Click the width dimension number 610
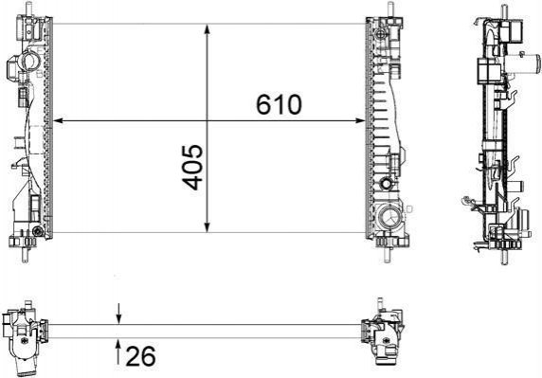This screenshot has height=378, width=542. click(279, 104)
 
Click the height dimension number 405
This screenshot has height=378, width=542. click(192, 168)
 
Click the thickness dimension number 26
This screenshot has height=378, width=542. click(141, 356)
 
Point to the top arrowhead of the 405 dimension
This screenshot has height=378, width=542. click(208, 29)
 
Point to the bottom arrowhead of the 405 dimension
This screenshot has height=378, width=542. click(208, 227)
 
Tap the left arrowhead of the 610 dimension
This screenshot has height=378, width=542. click(59, 120)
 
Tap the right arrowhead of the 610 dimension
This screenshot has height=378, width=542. click(360, 120)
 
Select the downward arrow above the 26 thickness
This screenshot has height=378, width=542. click(118, 314)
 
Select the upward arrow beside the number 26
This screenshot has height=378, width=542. click(118, 352)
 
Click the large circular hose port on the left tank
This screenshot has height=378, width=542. click(30, 62)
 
